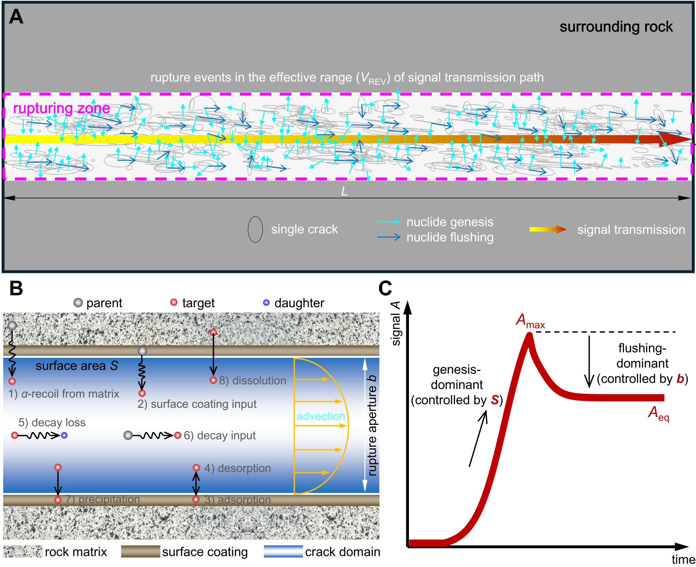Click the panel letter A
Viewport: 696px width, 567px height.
[x=16, y=17]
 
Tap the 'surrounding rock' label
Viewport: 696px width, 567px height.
[x=616, y=27]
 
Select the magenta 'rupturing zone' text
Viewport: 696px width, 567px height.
[x=61, y=108]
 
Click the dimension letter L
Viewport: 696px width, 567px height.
[x=344, y=192]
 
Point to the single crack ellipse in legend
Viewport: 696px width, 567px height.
[x=255, y=229]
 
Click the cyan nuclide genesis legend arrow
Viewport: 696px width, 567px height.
[x=389, y=222]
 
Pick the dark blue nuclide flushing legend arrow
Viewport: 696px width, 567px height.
[x=389, y=237]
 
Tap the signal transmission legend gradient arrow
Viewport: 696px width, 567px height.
[x=548, y=230]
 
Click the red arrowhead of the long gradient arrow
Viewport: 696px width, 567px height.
[x=674, y=140]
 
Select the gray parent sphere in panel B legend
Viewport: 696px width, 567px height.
[x=78, y=302]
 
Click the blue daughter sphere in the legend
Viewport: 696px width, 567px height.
[x=266, y=302]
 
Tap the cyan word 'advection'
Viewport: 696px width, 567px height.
[x=321, y=416]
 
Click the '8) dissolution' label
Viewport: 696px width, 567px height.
[x=252, y=380]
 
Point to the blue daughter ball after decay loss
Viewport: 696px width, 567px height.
[x=64, y=435]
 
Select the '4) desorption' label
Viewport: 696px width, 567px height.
[x=237, y=468]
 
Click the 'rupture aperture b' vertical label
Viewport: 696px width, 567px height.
[x=372, y=425]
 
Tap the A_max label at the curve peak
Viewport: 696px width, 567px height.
[x=530, y=320]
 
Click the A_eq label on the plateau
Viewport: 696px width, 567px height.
[x=658, y=414]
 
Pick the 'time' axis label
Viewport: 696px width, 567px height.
[x=683, y=559]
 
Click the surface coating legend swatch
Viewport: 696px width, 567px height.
[x=140, y=551]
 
